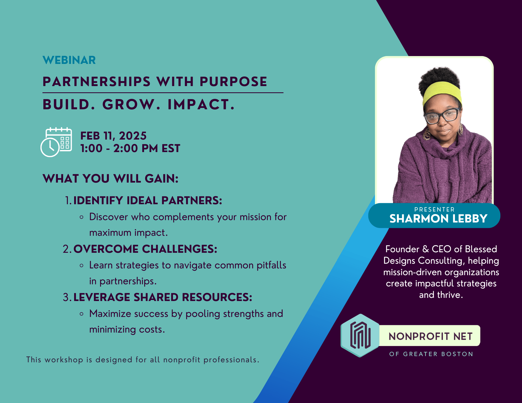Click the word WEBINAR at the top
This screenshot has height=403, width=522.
(69, 60)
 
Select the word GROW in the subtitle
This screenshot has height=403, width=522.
(131, 105)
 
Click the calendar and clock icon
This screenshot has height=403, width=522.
(56, 142)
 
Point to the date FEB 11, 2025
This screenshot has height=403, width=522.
(113, 136)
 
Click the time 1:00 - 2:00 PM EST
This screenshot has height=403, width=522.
(130, 148)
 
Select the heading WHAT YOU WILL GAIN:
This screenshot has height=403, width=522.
(110, 179)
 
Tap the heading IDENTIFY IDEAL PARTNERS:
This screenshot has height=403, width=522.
(148, 201)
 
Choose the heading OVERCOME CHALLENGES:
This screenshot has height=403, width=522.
(145, 249)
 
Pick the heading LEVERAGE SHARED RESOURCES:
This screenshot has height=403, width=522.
(163, 297)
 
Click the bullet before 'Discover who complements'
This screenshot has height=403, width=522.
(82, 217)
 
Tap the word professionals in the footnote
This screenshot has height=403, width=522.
(232, 360)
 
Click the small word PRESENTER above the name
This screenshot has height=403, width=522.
(434, 209)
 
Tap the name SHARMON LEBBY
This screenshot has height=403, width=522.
(438, 219)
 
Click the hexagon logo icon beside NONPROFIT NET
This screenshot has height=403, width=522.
(360, 336)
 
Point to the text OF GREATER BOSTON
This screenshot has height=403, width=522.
(431, 354)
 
